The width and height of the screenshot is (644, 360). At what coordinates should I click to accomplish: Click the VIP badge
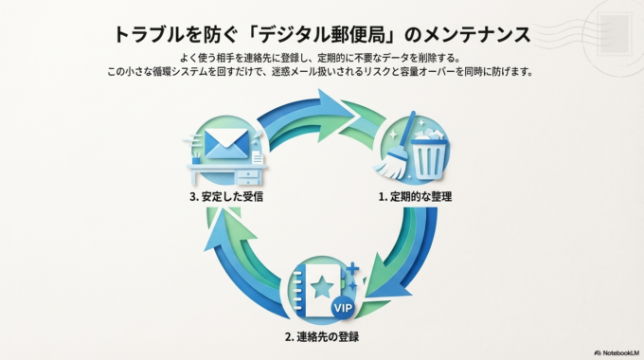click(343, 306)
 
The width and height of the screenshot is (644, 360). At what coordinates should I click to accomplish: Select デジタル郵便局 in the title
click(305, 34)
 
